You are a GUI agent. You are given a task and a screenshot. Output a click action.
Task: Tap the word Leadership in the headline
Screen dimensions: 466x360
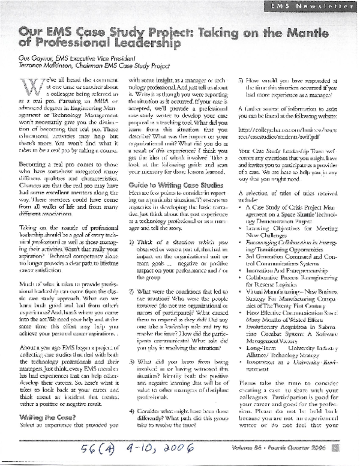click(139, 44)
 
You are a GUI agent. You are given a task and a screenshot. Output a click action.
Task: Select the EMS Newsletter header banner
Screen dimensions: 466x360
click(317, 6)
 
